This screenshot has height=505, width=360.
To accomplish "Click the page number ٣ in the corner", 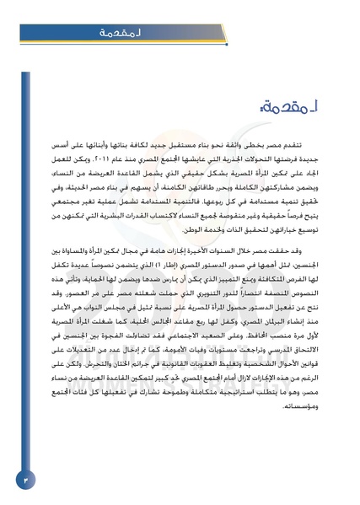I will (x=24, y=479).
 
